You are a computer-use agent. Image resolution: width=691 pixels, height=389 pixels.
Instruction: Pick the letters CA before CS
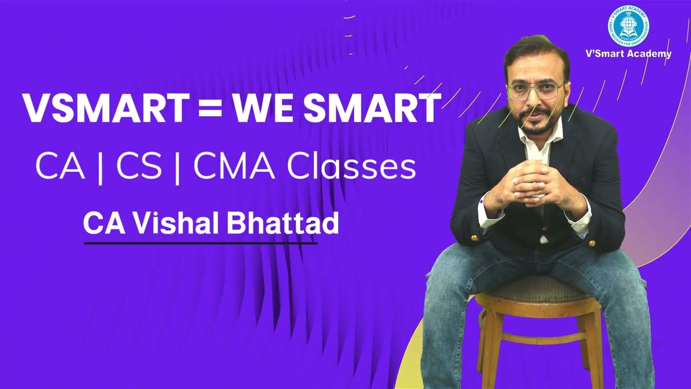point(60,167)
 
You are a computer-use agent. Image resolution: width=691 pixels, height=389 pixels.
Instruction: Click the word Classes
point(350,167)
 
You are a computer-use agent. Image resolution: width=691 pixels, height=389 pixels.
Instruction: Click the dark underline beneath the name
point(200,243)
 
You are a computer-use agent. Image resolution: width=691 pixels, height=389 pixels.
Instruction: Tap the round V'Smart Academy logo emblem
point(628,26)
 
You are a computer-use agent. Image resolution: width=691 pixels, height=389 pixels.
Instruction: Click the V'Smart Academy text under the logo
point(628,53)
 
